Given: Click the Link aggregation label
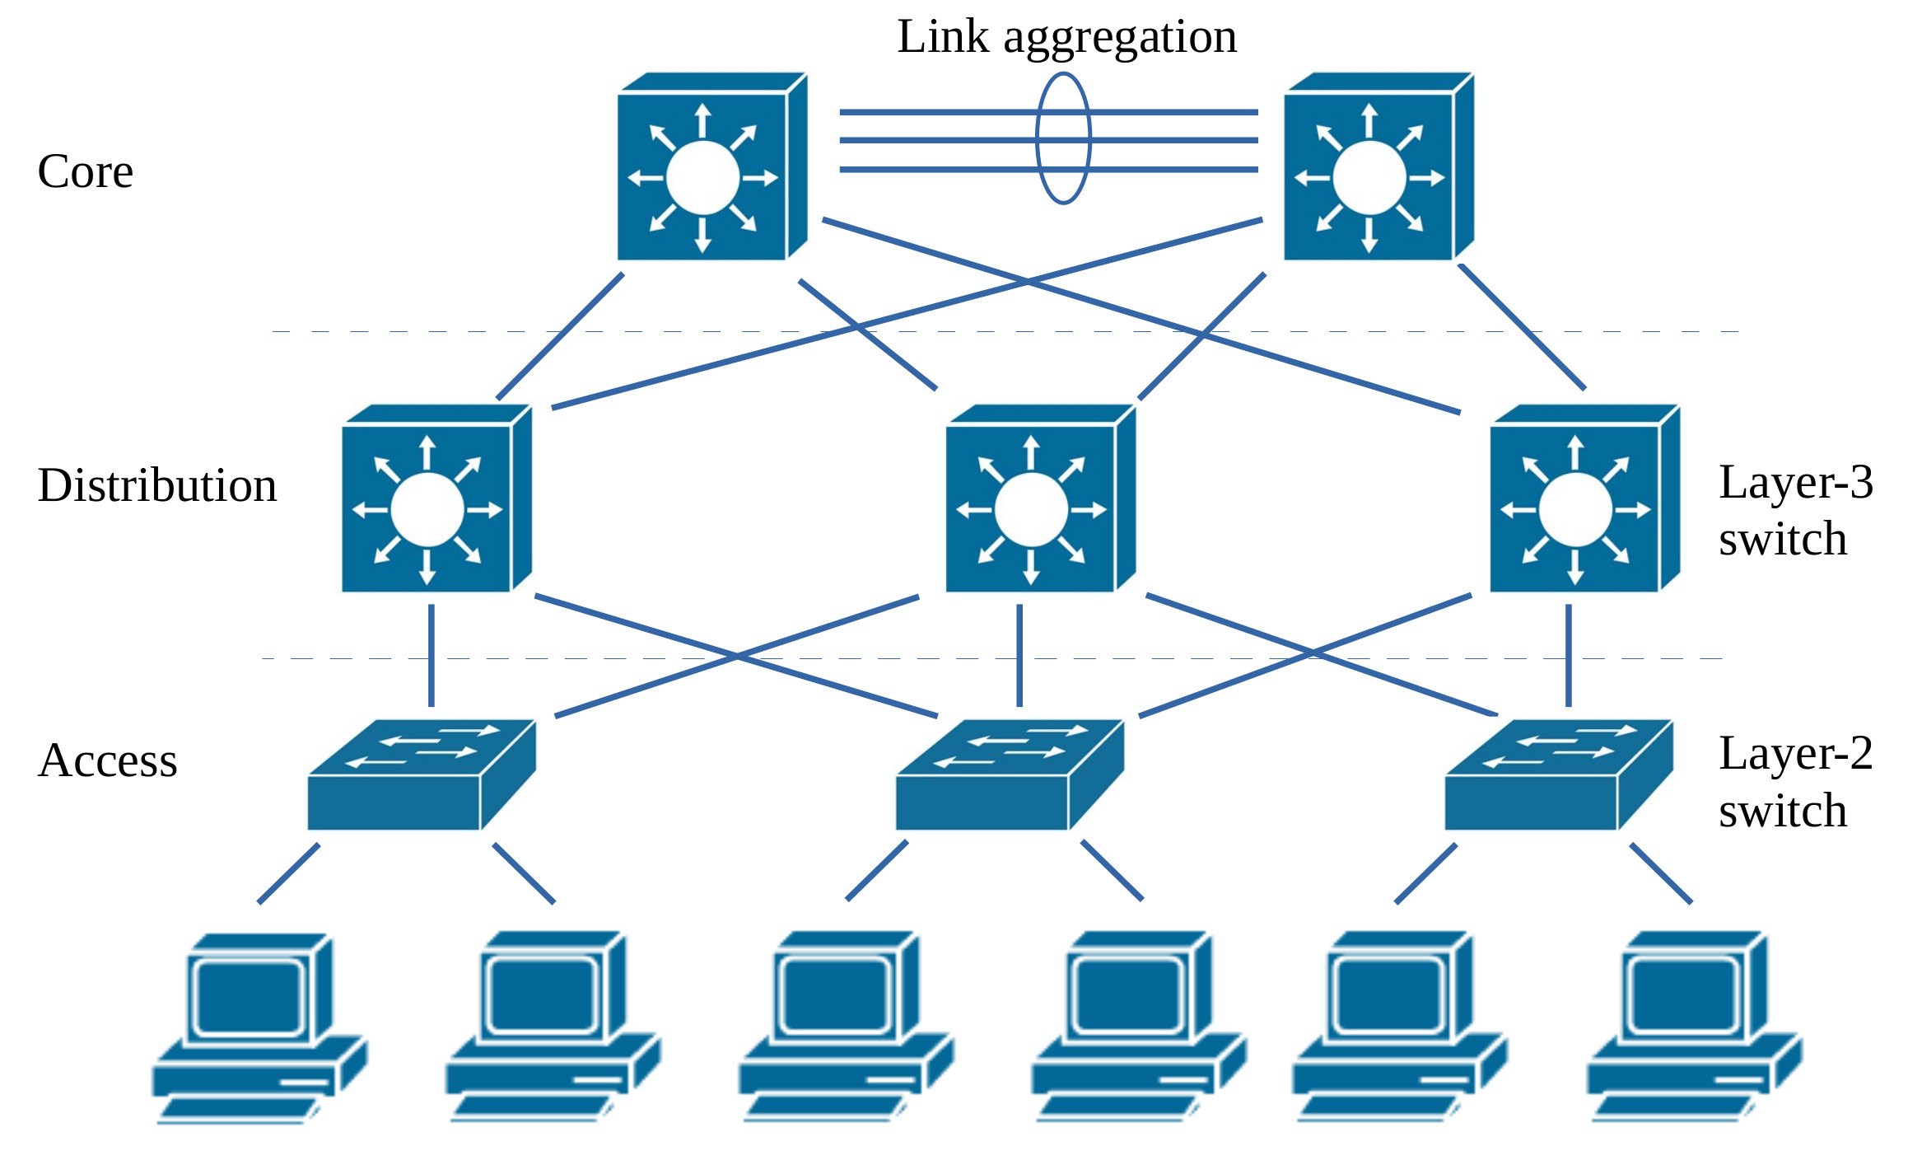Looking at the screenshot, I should click(x=1066, y=37).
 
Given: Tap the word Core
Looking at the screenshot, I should click(x=86, y=171).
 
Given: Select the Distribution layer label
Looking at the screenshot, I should click(x=156, y=485).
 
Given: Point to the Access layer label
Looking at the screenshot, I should click(x=107, y=760).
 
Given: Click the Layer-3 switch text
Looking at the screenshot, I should click(x=1795, y=510).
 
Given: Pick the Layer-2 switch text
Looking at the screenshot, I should click(x=1795, y=782).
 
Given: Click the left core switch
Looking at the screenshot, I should click(x=710, y=168).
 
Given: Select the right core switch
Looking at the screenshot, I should click(x=1377, y=168).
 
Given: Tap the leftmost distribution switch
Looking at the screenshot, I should click(x=435, y=499).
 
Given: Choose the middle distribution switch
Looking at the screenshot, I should click(x=1039, y=499).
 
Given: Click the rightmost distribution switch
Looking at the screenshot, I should click(x=1584, y=499).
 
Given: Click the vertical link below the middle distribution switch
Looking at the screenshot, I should click(x=1019, y=656).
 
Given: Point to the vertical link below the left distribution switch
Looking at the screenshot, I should click(x=432, y=656).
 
